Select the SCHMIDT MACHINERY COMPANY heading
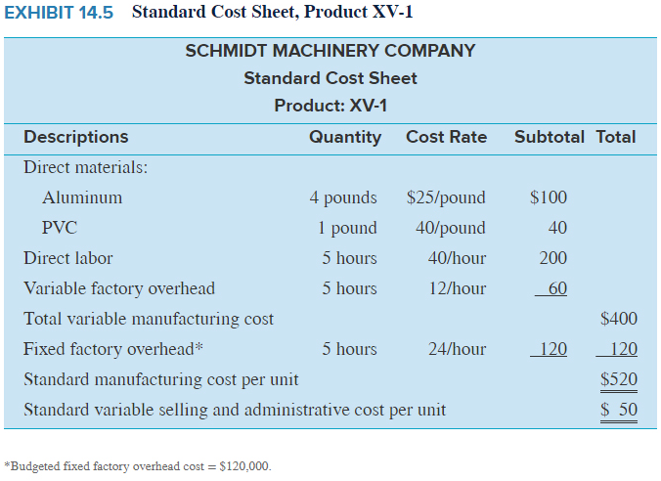click(x=330, y=51)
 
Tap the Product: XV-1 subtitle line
click(x=330, y=106)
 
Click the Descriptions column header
click(x=75, y=137)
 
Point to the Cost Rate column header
click(x=446, y=137)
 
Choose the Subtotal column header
click(x=550, y=137)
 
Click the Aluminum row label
click(x=82, y=197)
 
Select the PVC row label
click(x=60, y=228)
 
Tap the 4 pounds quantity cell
click(x=343, y=197)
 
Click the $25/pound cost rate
click(x=446, y=197)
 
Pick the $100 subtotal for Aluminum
click(x=548, y=197)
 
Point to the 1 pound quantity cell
click(x=347, y=228)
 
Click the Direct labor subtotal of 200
click(x=552, y=258)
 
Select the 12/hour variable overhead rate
click(x=457, y=288)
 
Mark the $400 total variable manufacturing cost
click(x=618, y=319)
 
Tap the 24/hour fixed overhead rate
click(x=457, y=349)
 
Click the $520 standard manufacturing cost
click(x=618, y=379)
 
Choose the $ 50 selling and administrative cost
click(x=618, y=410)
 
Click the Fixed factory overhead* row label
click(x=113, y=349)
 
